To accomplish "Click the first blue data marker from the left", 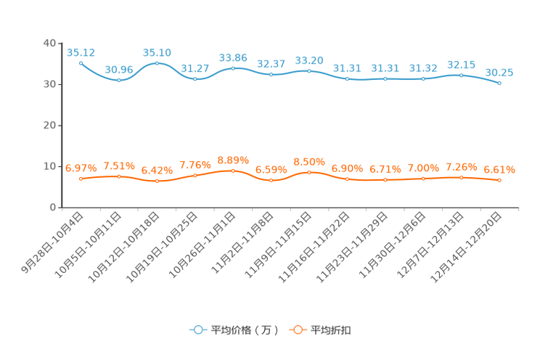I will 81,63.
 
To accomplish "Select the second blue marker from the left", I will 119,80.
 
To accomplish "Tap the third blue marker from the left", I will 157,63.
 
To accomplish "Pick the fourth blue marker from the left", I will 195,78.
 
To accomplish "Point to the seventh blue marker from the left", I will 309,70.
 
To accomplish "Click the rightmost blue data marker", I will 499,83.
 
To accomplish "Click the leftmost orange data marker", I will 81,178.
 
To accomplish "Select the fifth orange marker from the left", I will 233,170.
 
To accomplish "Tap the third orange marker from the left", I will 157,181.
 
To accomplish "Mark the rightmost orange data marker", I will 499,180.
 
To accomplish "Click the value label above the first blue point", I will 81,52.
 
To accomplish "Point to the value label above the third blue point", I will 157,52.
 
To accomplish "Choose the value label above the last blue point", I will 499,72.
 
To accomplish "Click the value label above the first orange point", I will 81,167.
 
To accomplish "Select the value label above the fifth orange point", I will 233,159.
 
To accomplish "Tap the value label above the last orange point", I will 499,169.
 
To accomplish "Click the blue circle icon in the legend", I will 197,330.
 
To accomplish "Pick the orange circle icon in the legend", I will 297,330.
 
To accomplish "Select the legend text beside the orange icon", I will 331,330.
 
